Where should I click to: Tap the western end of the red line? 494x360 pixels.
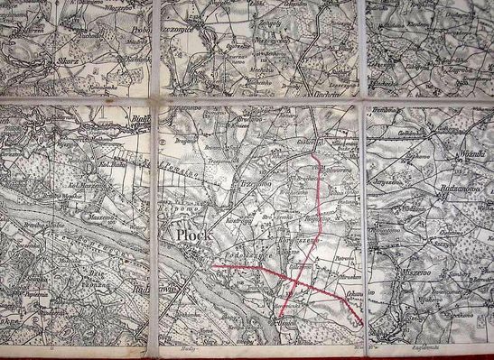[214, 267]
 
